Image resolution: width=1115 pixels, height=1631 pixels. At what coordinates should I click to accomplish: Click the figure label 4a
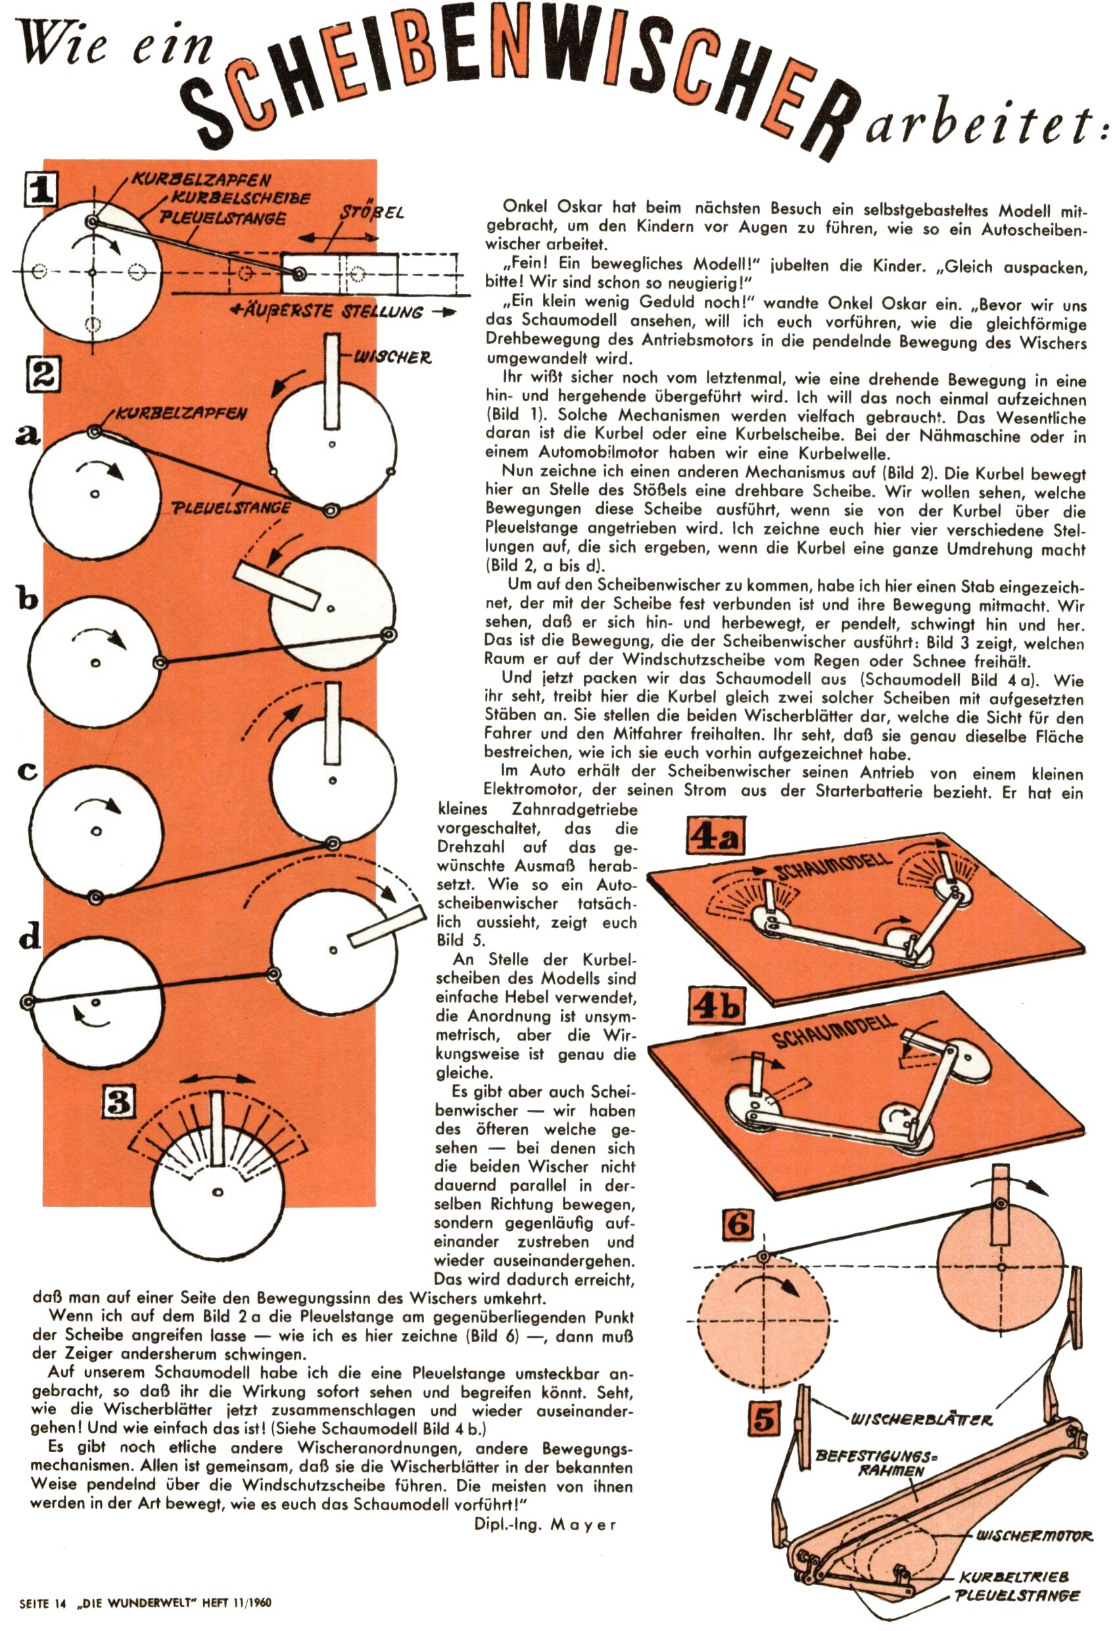click(x=715, y=838)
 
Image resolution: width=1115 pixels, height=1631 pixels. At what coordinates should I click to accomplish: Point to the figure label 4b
click(x=715, y=1006)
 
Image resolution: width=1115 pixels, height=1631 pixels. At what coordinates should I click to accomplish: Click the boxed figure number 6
click(x=739, y=1225)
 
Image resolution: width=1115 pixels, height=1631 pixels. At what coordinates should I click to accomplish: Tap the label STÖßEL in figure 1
click(x=372, y=211)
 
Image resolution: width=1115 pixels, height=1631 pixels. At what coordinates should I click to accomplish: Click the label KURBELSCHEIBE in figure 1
click(x=241, y=198)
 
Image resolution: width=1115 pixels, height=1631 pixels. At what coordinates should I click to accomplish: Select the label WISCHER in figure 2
click(x=392, y=358)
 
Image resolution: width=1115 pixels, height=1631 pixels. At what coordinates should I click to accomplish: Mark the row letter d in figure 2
click(x=30, y=937)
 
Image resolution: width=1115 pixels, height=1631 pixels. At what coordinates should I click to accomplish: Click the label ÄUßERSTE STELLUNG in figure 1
click(x=331, y=312)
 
